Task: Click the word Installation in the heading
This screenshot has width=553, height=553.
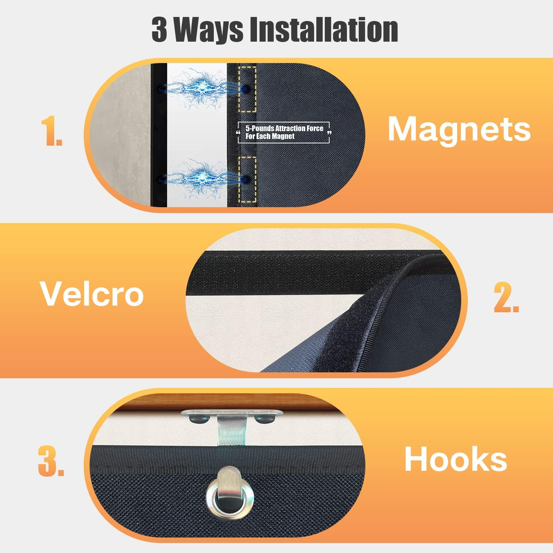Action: (x=324, y=29)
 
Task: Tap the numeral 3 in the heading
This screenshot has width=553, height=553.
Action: (x=159, y=29)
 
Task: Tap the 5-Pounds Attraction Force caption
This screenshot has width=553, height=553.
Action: (x=284, y=132)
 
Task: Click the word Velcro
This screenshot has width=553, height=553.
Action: (x=91, y=294)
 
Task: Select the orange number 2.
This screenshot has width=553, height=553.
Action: (x=506, y=298)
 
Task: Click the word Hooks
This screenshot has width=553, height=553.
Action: (x=456, y=459)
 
